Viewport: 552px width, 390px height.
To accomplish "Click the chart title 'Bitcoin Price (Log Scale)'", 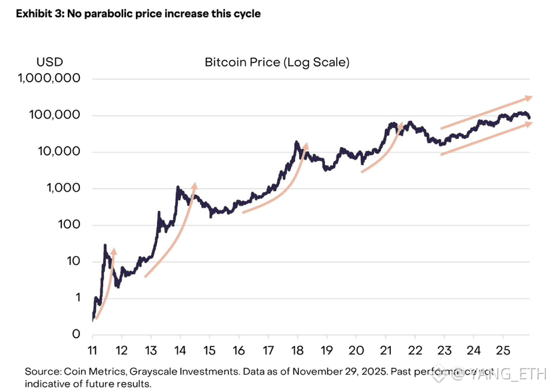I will tap(277, 63).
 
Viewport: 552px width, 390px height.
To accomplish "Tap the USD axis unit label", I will tap(49, 63).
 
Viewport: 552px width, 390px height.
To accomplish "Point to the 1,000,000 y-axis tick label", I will tap(51, 79).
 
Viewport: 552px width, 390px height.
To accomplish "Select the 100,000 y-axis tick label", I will tap(56, 115).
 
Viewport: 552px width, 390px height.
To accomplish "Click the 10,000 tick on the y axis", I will tap(60, 152).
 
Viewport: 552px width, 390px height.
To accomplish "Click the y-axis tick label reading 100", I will tap(69, 225).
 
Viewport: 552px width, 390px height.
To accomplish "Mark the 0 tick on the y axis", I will tap(77, 334).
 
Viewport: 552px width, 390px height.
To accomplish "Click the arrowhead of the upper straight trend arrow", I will tap(529, 97).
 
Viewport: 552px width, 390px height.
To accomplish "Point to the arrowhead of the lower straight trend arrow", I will tap(529, 123).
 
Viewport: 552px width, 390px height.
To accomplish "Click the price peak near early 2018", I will tap(296, 142).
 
